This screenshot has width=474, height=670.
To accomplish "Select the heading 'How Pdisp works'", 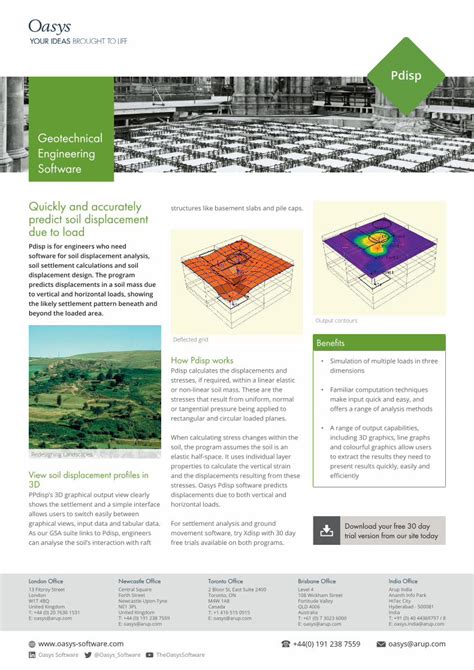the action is click(x=203, y=359).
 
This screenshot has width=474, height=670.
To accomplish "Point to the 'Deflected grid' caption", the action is click(x=191, y=339).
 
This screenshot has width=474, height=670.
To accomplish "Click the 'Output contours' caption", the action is click(x=337, y=320).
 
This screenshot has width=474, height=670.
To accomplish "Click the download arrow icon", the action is click(x=327, y=531).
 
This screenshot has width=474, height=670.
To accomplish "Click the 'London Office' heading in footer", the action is click(x=46, y=581).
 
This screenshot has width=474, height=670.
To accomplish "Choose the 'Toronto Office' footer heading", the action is click(x=225, y=581).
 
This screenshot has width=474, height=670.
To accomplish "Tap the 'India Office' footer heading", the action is click(x=403, y=581).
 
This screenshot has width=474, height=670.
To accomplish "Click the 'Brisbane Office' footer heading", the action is click(x=316, y=581).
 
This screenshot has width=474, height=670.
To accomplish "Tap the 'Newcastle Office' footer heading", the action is click(x=140, y=581).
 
